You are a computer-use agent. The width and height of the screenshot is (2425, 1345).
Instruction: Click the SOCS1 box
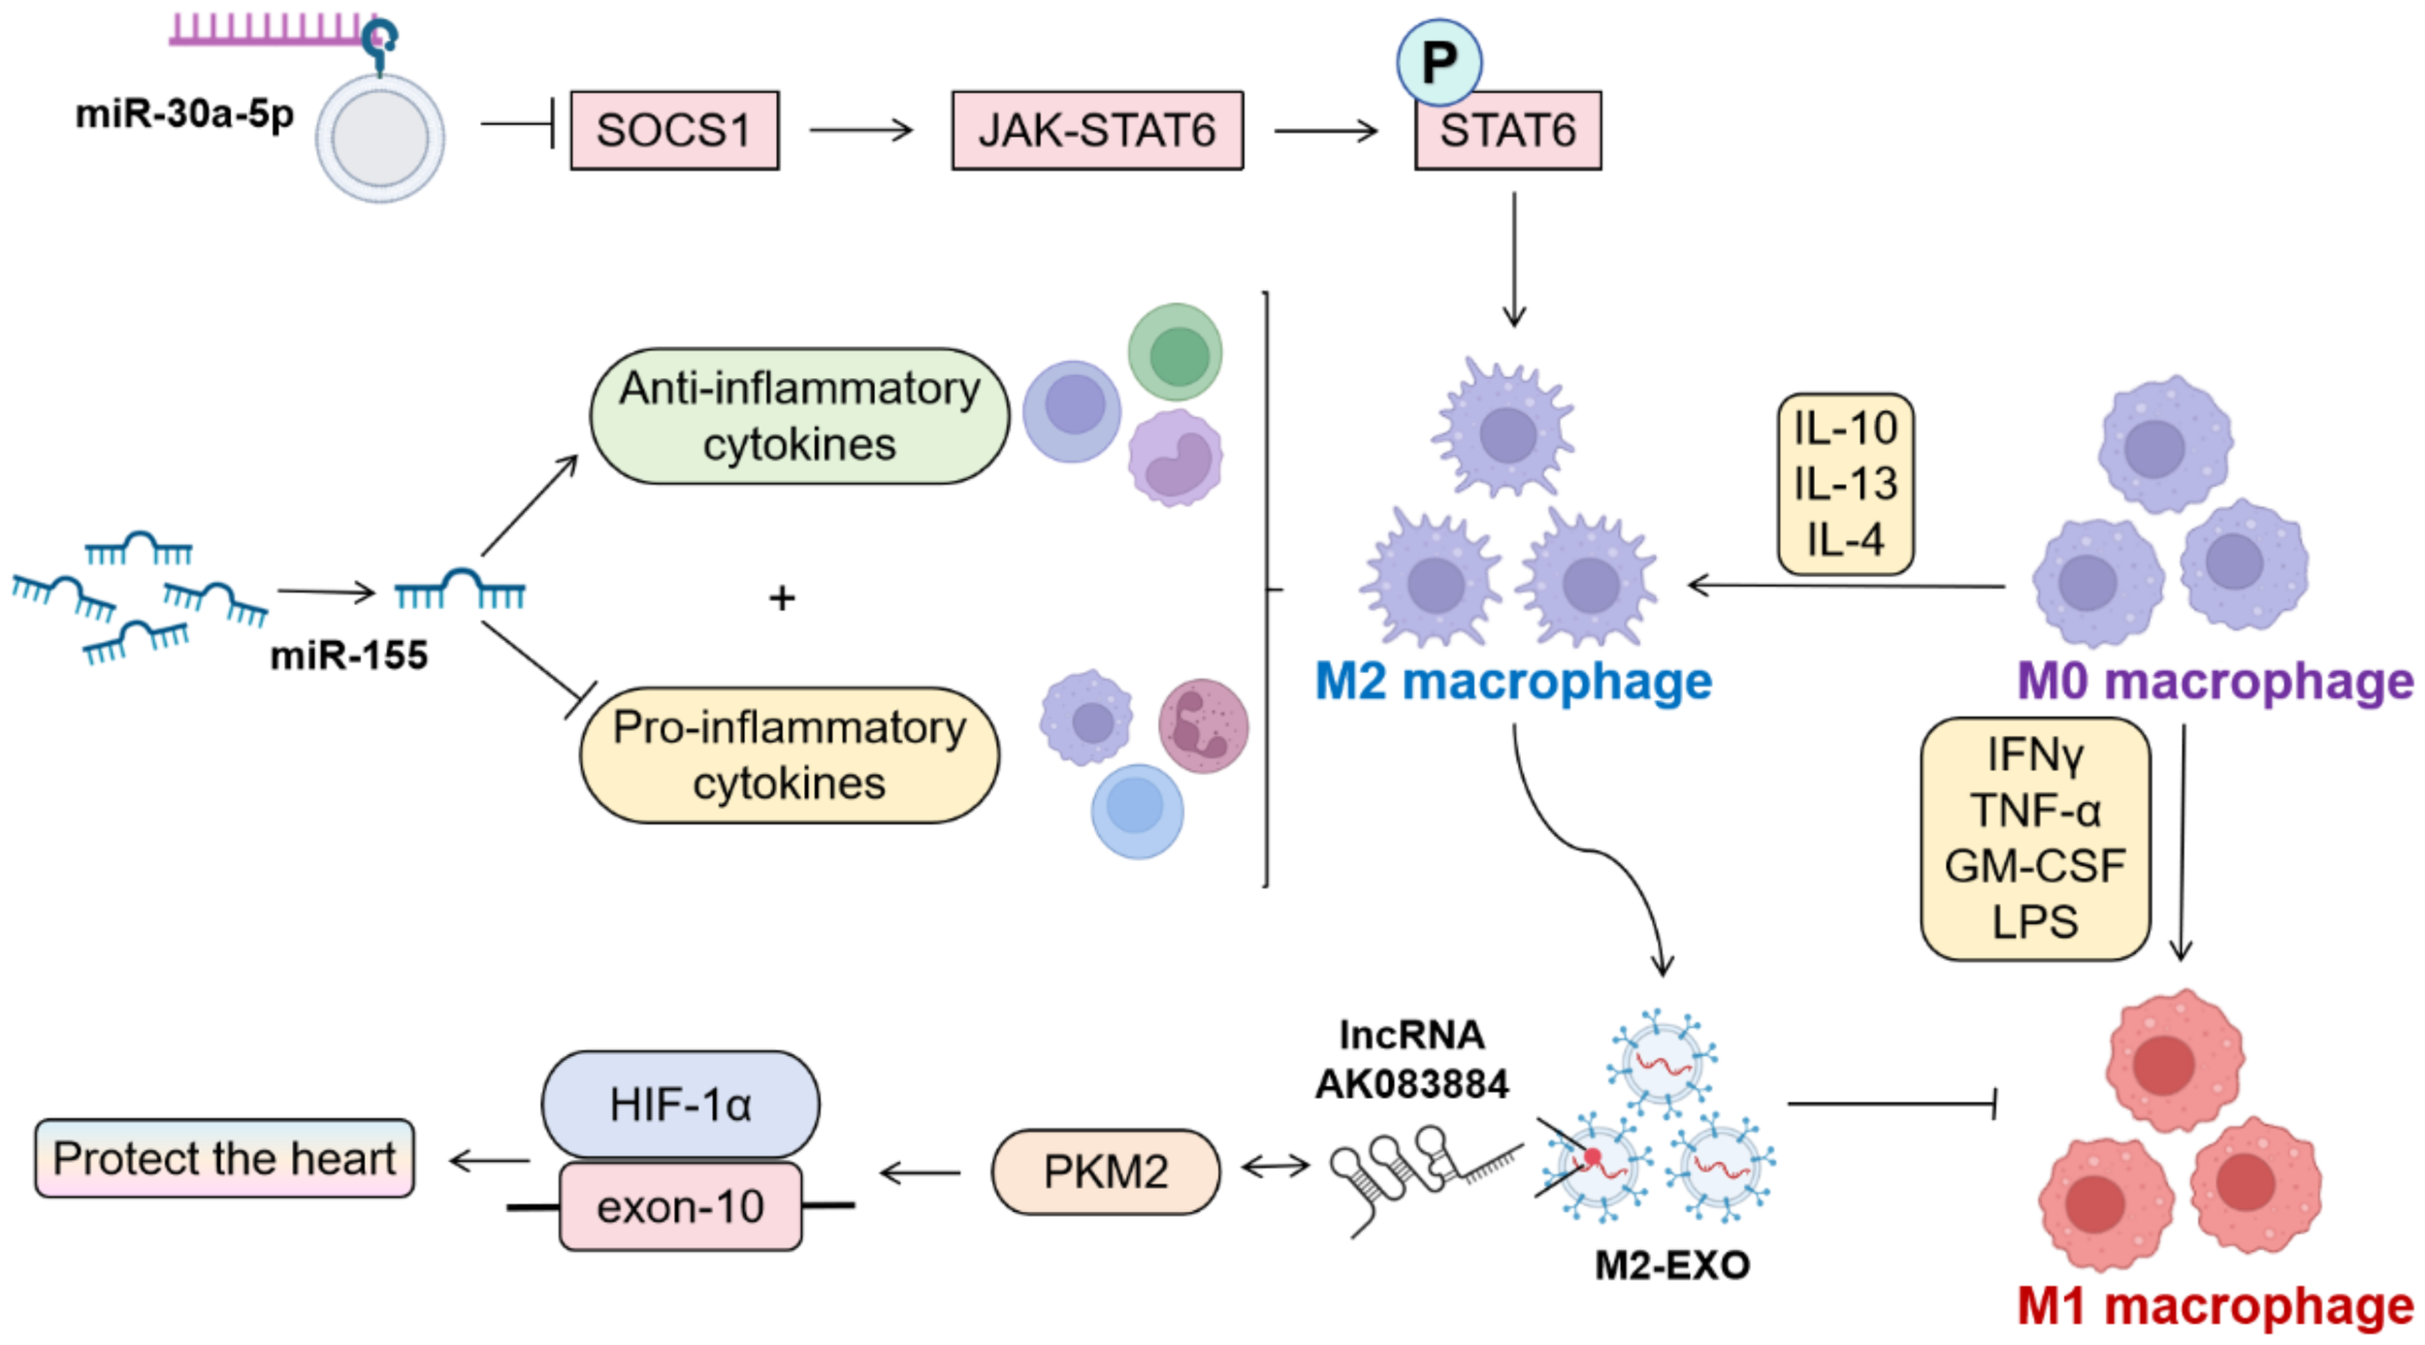point(673,131)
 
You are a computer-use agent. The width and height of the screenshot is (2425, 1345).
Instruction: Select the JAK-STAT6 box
point(1096,131)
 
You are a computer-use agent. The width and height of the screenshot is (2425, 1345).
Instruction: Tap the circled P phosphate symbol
point(1439,63)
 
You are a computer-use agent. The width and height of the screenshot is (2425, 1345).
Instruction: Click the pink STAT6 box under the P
point(1507,134)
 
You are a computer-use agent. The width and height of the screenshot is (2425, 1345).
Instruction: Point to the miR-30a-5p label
point(184,114)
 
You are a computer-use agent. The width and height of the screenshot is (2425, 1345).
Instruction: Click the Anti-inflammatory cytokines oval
point(799,416)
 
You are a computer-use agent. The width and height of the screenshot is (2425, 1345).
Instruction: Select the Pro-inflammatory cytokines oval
point(790,755)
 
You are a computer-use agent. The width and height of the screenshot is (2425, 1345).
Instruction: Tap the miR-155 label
point(348,656)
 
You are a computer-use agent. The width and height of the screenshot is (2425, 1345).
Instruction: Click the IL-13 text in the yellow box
point(1845,484)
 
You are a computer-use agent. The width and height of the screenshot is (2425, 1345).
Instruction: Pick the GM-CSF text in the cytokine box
point(2035,866)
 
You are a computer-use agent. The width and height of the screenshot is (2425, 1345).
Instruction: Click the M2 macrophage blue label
point(1512,682)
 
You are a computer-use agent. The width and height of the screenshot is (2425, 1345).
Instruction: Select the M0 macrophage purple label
point(2215,682)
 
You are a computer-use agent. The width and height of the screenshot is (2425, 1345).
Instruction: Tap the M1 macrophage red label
point(2215,1306)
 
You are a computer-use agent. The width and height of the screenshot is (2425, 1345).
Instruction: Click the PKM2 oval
point(1105,1172)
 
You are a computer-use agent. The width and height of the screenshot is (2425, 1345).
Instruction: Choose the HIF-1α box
point(680,1105)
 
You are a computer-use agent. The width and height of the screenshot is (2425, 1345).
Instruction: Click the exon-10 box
point(680,1207)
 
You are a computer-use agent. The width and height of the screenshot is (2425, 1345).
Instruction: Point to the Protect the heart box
point(224,1159)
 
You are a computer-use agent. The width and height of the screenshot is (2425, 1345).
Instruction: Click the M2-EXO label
point(1672,1265)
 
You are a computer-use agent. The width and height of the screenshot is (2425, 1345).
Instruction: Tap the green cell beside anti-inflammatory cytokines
point(1176,353)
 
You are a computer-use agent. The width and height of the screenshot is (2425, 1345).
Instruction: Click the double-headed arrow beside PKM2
point(1276,1167)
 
